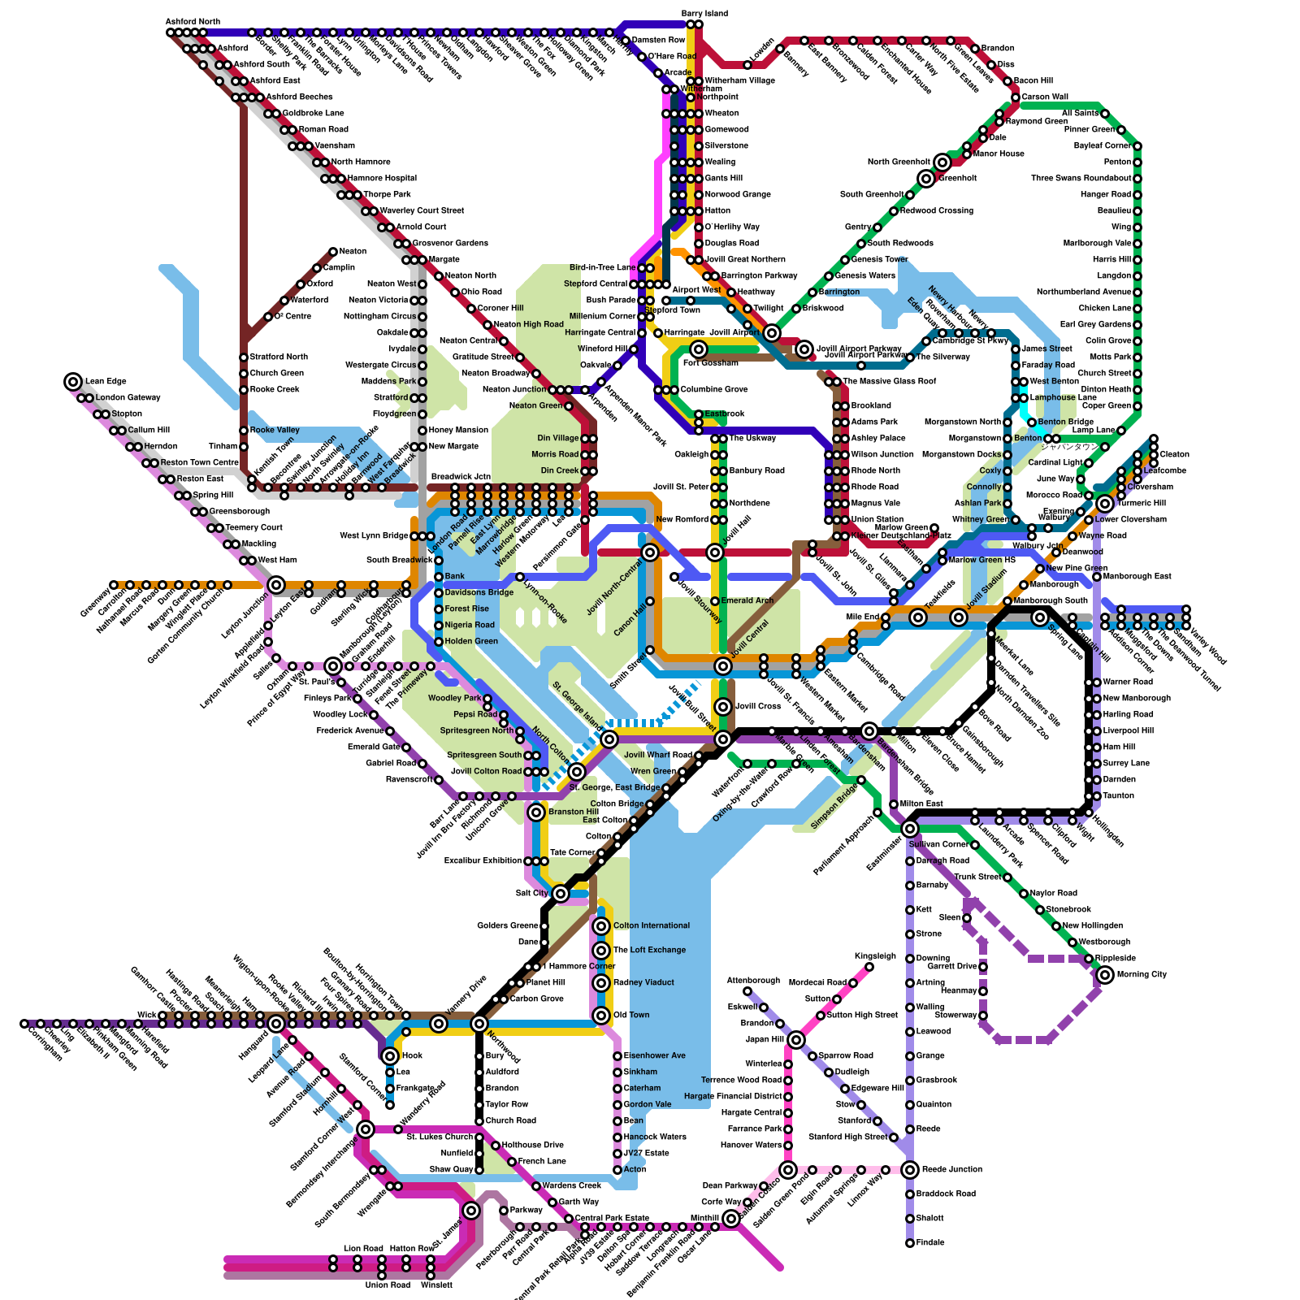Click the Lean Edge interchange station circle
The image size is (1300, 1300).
click(x=73, y=381)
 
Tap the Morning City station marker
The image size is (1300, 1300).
click(x=1105, y=975)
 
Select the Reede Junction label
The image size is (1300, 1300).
click(x=952, y=1169)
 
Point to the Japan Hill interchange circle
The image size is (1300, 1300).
click(x=796, y=1040)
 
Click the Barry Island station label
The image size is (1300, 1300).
click(x=704, y=14)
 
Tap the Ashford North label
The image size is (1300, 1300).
click(x=193, y=21)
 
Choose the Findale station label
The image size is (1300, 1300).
click(x=930, y=1242)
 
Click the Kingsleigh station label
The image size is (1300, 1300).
click(x=875, y=956)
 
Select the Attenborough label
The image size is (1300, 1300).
click(x=753, y=981)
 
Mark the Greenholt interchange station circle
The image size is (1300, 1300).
click(x=926, y=179)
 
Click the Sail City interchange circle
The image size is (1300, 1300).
click(x=561, y=894)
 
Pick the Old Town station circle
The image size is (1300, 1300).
click(x=601, y=1016)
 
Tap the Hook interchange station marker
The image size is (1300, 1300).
click(x=390, y=1056)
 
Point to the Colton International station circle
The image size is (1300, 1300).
click(x=601, y=926)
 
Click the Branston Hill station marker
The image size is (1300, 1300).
click(x=536, y=812)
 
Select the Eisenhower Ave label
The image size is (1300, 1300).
click(x=654, y=1055)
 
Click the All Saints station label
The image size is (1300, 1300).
click(x=1080, y=114)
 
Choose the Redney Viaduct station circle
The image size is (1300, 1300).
click(x=601, y=983)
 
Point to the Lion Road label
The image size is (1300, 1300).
click(x=363, y=1248)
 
